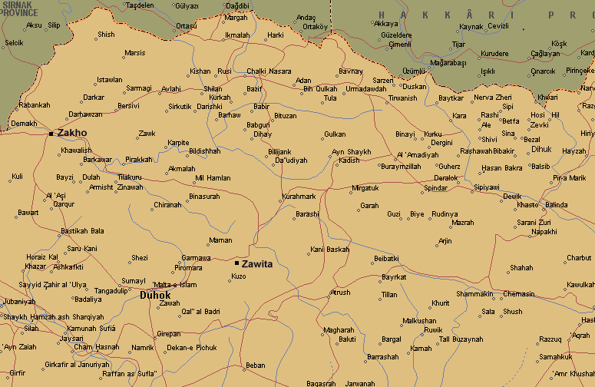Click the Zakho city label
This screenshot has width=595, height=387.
pos(72,133)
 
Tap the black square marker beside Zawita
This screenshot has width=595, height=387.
pos(236,263)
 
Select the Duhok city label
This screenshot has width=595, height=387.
pos(154,295)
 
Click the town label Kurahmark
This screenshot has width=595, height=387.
pos(299,197)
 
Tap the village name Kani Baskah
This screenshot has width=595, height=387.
pos(329,250)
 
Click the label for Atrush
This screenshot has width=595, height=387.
pos(339,293)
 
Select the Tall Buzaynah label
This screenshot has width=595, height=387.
pos(461,339)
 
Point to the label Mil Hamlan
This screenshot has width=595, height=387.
pos(213,178)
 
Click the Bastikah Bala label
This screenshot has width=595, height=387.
pos(82,231)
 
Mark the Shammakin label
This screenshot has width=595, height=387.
pos(474,294)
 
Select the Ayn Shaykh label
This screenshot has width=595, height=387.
pos(351,152)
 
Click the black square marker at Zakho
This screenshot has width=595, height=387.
pos(51,134)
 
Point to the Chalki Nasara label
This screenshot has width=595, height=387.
pos(269,71)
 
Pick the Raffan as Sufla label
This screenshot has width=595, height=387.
pos(130,372)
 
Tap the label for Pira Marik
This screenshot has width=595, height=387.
pos(569,178)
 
